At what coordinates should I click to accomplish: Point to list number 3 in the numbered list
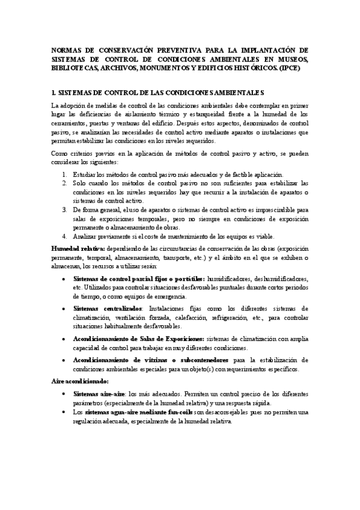click(x=64, y=209)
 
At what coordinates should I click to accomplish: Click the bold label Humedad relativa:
click(x=78, y=248)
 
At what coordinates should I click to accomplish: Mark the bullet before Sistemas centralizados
click(x=64, y=307)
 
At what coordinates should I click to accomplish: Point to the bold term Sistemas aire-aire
click(x=97, y=393)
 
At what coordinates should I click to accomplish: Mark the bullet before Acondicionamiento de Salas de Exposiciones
click(x=64, y=340)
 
